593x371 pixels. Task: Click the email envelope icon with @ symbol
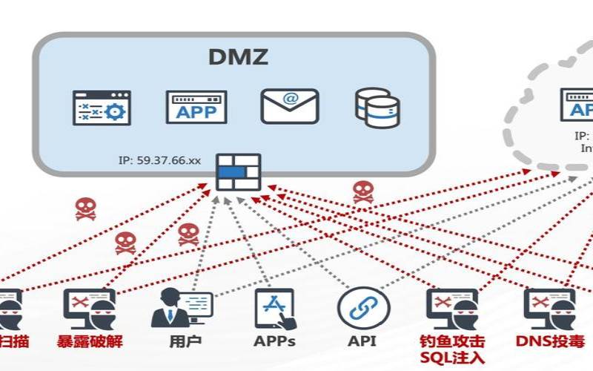289,106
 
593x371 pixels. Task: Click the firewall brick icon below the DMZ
238,172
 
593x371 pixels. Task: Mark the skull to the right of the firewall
362,191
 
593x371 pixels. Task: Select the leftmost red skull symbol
85,209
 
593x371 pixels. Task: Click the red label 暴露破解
89,342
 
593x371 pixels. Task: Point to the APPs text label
274,342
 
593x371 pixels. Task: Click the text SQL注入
451,358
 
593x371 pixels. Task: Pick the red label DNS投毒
550,342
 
